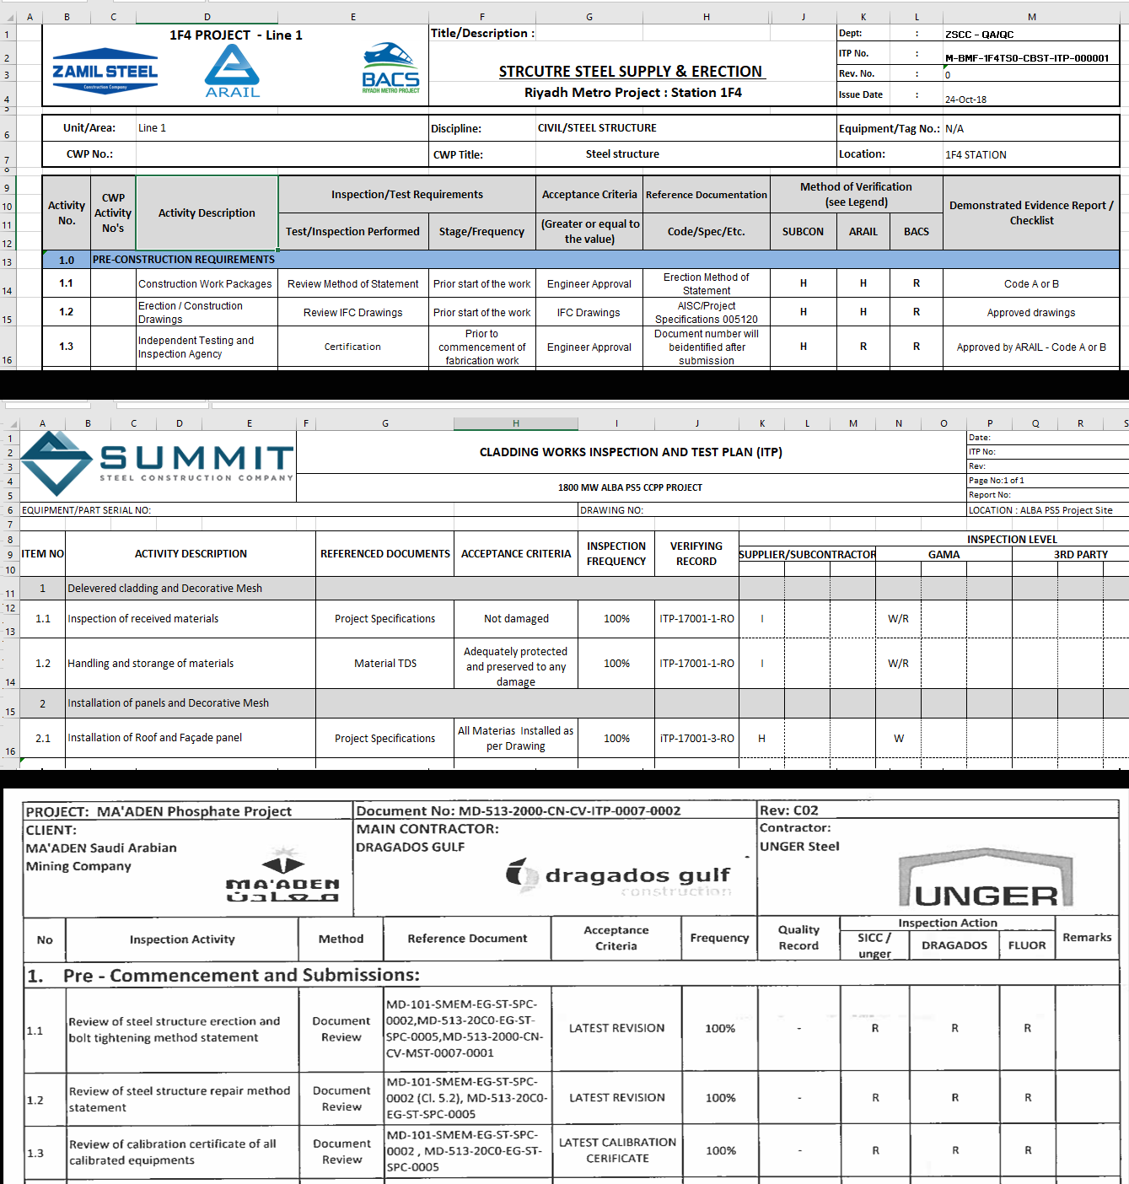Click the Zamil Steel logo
pos(105,71)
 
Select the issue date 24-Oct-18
pos(965,100)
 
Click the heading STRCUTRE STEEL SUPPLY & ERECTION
pos(631,72)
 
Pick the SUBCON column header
pos(803,232)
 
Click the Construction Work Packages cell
pos(205,284)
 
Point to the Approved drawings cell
pos(1031,313)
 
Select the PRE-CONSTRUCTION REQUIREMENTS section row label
pos(184,260)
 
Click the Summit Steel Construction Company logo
pos(158,462)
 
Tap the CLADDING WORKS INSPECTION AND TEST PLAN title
pos(631,452)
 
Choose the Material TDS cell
pos(385,664)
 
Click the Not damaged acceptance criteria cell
pos(516,619)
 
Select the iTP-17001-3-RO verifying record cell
pos(696,739)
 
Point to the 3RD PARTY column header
pos(1080,555)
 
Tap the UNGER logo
pos(987,881)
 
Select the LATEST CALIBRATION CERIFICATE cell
pos(617,1150)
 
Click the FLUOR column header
pos(1027,945)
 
